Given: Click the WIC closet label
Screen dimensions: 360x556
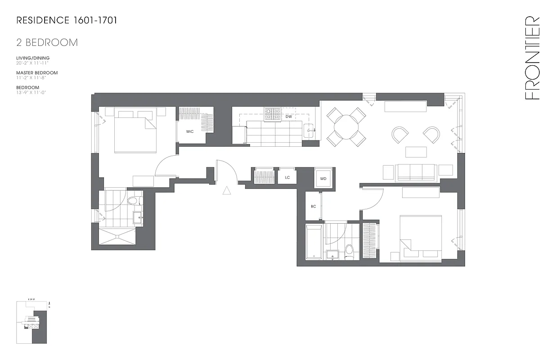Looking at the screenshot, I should [190, 132].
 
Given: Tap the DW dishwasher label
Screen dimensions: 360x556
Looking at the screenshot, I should [288, 117].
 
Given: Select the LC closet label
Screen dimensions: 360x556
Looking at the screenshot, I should [287, 178].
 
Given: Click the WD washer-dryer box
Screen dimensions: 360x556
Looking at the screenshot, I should [323, 179].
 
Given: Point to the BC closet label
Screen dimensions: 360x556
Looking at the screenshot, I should [313, 207].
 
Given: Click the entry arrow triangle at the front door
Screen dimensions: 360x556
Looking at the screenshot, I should [227, 191].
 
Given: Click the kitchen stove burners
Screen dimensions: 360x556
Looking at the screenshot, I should [272, 114].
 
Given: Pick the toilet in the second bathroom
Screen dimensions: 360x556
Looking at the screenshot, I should [349, 252].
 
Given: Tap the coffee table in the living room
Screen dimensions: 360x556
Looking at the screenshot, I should [416, 152].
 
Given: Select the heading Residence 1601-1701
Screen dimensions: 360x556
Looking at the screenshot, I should [67, 20].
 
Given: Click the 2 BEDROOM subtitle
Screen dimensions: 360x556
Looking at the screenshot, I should [47, 43].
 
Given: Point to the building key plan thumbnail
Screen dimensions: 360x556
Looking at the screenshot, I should [34, 322].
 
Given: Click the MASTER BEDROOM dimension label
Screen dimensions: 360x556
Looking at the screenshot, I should [37, 73].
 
